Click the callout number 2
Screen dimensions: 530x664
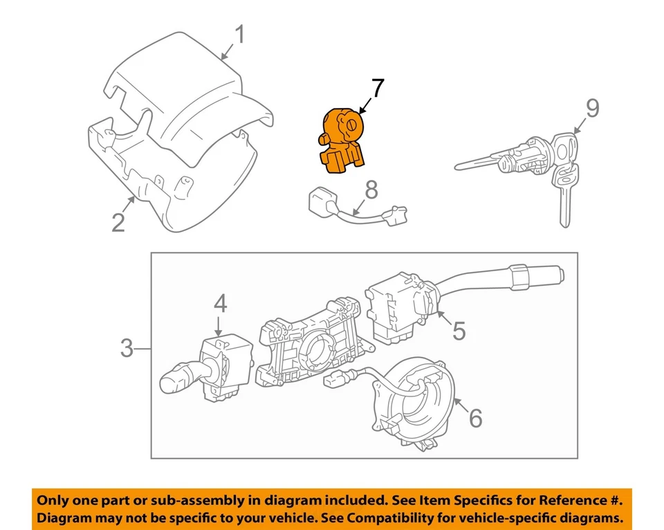(118, 222)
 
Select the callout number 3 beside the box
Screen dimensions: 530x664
(126, 348)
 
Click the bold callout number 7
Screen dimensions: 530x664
(376, 89)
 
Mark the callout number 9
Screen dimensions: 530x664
(592, 108)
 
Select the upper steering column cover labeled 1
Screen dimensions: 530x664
(187, 104)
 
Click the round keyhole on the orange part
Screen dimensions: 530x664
(351, 125)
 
